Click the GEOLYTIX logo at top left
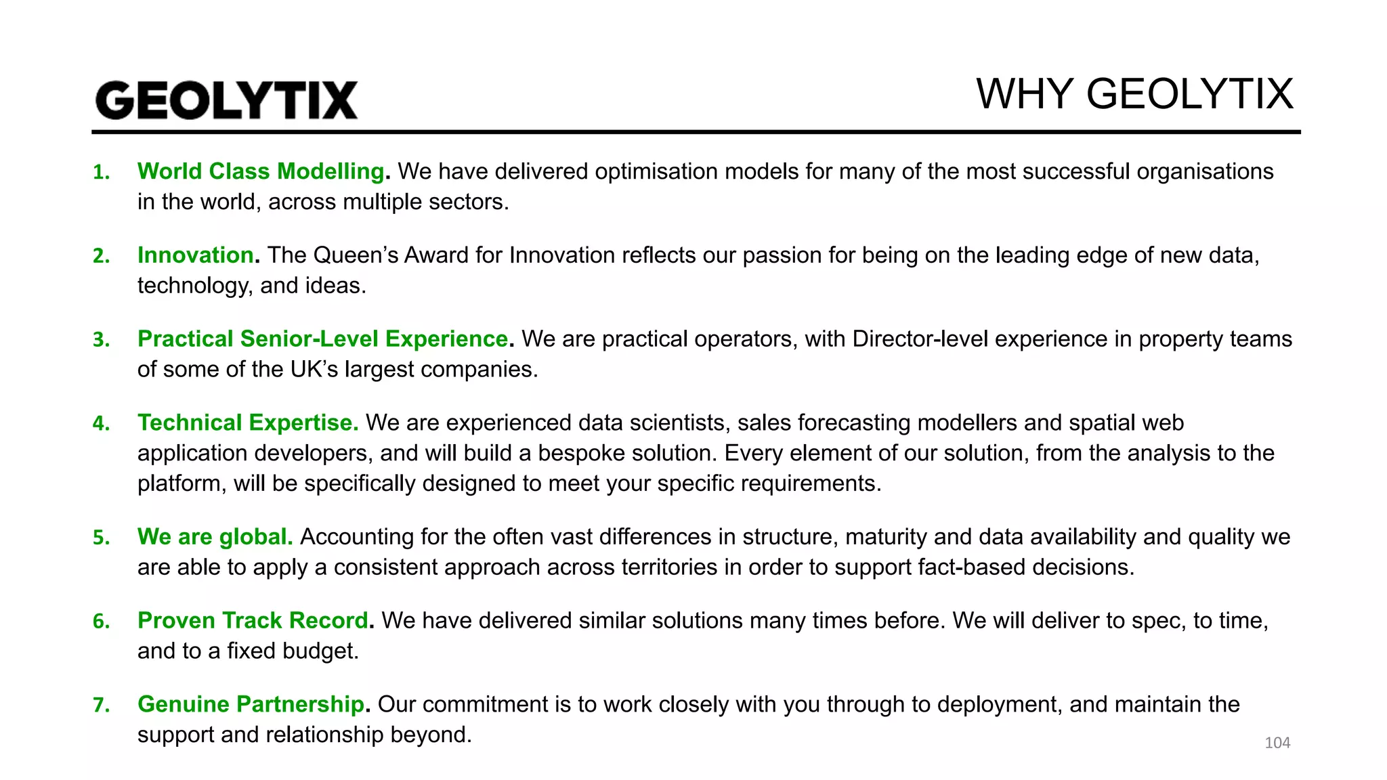(x=226, y=100)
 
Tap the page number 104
(x=1277, y=743)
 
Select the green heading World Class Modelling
(x=261, y=171)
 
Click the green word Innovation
(x=196, y=255)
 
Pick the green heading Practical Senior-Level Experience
(x=323, y=339)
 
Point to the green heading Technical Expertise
(x=248, y=422)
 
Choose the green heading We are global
(x=215, y=537)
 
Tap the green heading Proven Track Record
(x=253, y=620)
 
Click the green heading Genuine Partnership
(x=251, y=704)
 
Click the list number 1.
(x=101, y=173)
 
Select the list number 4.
(x=101, y=424)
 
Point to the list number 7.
(x=101, y=706)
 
